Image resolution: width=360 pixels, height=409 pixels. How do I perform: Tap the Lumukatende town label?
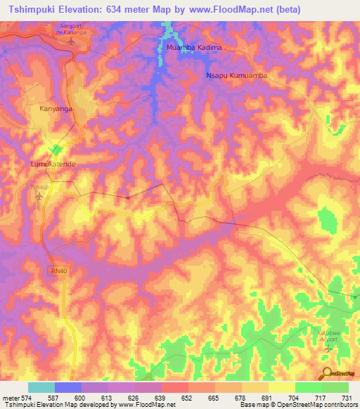[53, 164]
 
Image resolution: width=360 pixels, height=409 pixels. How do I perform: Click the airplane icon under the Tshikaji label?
[38, 196]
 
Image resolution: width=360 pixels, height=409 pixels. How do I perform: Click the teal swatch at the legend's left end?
[41, 387]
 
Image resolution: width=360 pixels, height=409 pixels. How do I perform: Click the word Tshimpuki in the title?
[31, 10]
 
